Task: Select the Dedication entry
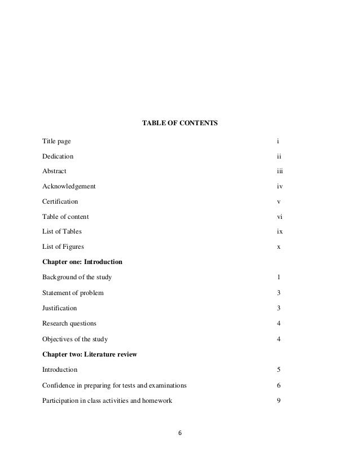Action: point(58,155)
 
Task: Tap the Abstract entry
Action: point(54,170)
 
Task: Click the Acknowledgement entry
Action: point(69,186)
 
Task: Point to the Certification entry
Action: point(60,201)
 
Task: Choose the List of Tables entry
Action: point(62,231)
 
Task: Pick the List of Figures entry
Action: point(64,247)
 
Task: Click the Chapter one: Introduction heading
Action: point(82,262)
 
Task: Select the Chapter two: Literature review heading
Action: point(90,354)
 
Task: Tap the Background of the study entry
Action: point(77,278)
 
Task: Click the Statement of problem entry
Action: point(73,293)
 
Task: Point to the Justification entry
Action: point(60,308)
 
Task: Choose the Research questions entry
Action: point(69,323)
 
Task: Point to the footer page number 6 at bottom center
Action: point(180,433)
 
